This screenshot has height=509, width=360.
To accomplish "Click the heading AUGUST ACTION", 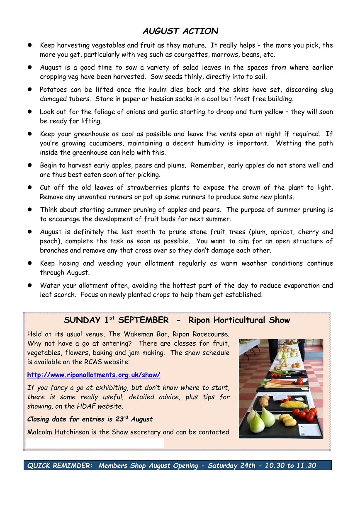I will pos(180,31).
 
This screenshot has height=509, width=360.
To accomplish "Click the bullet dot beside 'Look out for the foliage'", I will pos(30,112).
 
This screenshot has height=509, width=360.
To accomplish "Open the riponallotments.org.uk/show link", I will pos(94,375).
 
